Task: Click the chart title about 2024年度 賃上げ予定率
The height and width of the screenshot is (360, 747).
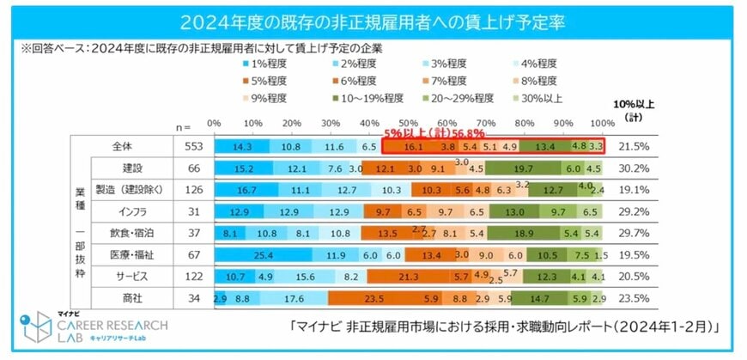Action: [x=373, y=19]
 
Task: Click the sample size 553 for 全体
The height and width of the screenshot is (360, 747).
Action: [x=193, y=147]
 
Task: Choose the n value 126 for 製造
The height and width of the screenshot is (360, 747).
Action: [x=193, y=189]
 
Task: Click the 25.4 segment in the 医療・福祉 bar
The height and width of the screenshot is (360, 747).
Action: [x=264, y=254]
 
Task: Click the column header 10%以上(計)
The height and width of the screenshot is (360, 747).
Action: [x=634, y=110]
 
